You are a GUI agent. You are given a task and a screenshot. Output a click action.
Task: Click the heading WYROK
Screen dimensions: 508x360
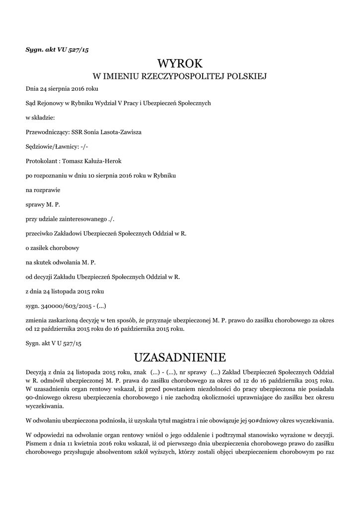pyautogui.click(x=180, y=63)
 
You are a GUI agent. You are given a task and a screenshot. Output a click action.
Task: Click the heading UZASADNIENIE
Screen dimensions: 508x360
pyautogui.click(x=180, y=357)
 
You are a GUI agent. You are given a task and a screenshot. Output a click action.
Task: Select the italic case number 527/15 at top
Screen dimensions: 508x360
pyautogui.click(x=79, y=50)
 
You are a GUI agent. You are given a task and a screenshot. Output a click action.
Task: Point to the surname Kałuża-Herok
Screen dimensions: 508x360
pyautogui.click(x=102, y=161)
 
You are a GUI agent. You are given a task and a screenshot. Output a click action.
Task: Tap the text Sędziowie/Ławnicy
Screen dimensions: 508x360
pyautogui.click(x=51, y=147)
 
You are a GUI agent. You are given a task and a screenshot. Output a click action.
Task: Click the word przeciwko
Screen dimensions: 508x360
pyautogui.click(x=40, y=233)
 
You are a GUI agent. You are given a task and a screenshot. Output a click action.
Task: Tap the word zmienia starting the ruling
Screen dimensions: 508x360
pyautogui.click(x=37, y=320)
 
